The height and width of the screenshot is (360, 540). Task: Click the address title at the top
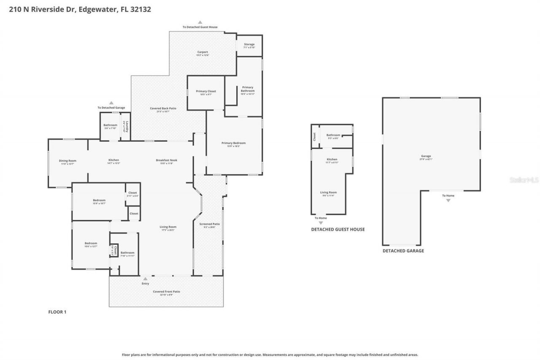coord(80,9)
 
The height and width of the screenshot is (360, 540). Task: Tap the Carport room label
coord(202,52)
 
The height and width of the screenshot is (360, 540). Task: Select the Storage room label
coord(249,44)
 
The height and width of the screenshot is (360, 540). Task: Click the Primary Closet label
coord(206,91)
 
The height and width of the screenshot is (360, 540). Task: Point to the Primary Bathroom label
coord(248,89)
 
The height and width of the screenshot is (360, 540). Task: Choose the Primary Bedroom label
coord(233,143)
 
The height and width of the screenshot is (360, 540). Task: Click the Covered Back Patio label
coord(163,108)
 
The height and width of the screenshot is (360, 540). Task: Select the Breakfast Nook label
coord(166,160)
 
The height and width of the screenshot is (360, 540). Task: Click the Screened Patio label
coord(209,224)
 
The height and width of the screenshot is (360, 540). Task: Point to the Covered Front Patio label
coord(166,292)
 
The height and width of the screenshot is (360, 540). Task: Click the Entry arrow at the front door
coord(145,279)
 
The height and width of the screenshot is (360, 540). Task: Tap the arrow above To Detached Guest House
coord(200,22)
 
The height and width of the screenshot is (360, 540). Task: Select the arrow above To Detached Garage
coord(111,103)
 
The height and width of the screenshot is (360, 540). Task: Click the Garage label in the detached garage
coord(426,156)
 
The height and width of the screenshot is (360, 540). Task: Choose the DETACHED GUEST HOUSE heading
coord(337,230)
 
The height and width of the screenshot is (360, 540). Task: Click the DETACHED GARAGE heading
coord(403,251)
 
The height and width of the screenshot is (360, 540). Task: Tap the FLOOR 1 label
coord(57,312)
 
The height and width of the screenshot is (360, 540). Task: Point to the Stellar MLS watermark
coord(524,180)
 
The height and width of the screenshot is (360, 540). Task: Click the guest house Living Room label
coord(329,192)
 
